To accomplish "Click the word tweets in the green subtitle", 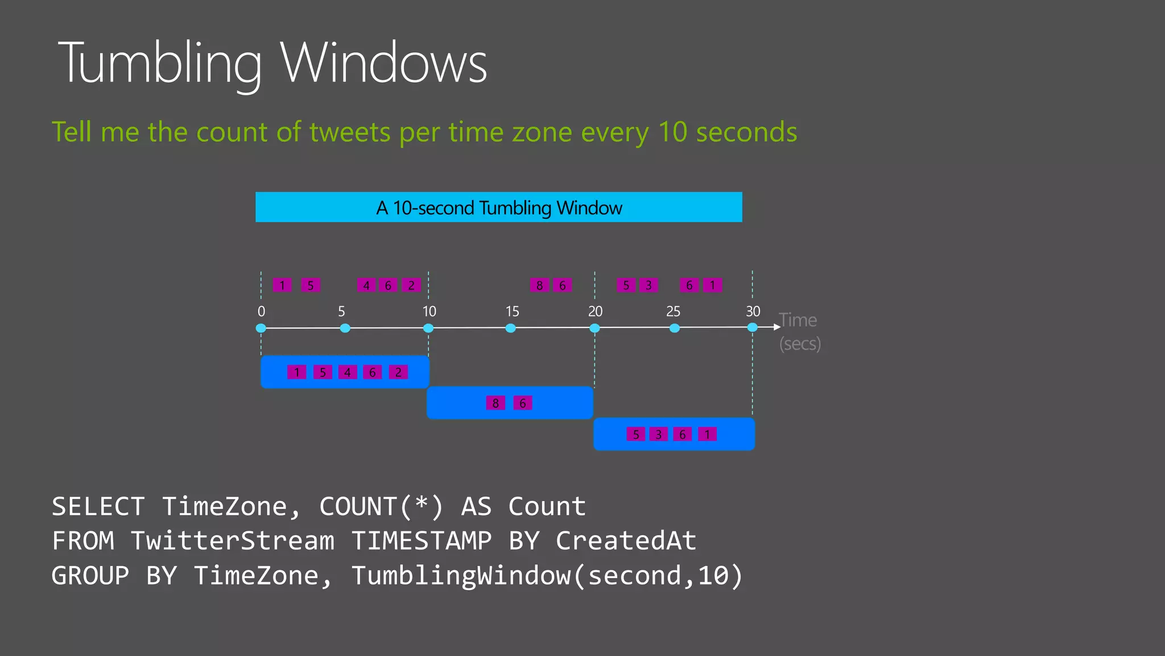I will pos(350,132).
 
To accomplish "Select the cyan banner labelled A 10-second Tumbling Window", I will pos(498,207).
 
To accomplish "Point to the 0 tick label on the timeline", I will pos(261,311).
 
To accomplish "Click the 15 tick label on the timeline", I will pos(512,311).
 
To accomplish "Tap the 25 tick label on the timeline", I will pos(673,311).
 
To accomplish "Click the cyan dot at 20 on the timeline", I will pos(594,328).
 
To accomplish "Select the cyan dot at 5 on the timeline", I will pos(345,328).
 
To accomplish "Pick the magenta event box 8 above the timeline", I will pos(539,285).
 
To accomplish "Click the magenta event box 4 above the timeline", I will pos(366,285).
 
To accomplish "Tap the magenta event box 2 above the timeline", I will pos(411,285).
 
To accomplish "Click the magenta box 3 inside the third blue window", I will pos(658,434).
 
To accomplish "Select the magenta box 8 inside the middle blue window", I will pos(495,403).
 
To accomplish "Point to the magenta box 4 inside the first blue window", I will pos(347,372).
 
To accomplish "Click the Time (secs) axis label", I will pos(799,332).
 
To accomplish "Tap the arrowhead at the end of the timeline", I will pos(777,327).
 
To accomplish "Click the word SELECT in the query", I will pos(98,506).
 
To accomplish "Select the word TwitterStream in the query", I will pos(233,541).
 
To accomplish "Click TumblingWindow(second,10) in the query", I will pos(547,576).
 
